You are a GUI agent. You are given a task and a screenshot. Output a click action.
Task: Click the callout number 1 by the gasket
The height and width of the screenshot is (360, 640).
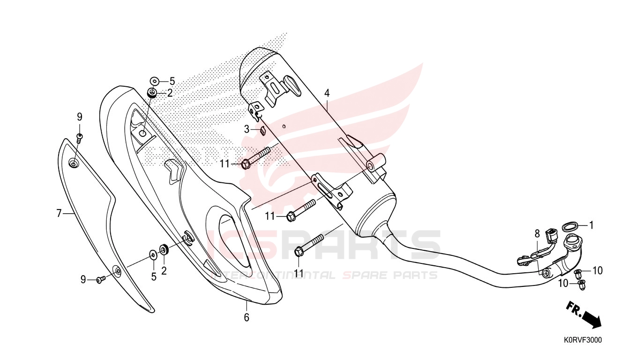tap(591, 225)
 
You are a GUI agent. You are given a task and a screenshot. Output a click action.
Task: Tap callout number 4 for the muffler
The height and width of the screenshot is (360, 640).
tap(327, 93)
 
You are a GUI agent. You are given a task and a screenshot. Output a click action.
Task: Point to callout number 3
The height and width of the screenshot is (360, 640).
tap(247, 129)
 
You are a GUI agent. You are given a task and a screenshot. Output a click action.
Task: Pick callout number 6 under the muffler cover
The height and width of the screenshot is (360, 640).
tap(246, 317)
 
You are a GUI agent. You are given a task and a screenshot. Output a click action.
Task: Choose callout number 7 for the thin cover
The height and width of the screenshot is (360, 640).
tap(59, 213)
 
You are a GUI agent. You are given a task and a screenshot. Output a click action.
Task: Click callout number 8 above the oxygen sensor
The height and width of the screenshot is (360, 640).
tap(537, 233)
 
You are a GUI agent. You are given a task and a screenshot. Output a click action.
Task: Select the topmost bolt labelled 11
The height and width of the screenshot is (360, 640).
tap(256, 158)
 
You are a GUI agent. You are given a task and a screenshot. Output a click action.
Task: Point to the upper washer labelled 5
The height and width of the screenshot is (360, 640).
tap(155, 82)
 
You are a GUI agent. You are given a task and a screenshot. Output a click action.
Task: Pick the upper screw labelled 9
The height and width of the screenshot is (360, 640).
tap(80, 137)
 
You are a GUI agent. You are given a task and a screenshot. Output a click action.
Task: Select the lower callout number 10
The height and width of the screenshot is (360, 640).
tap(564, 284)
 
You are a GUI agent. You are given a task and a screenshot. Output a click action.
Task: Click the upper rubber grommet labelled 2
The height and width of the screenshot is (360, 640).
tap(152, 93)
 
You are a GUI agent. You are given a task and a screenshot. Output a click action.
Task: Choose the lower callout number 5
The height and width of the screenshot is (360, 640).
tap(154, 277)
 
